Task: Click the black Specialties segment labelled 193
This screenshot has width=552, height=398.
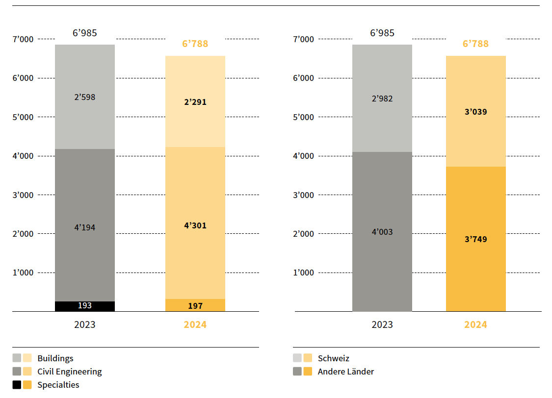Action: pos(85,306)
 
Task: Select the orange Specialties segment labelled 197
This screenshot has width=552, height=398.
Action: pos(195,306)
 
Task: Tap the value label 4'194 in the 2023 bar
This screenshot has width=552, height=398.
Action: pos(85,227)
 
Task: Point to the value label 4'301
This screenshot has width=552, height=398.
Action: pos(195,225)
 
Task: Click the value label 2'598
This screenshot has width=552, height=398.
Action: pos(85,97)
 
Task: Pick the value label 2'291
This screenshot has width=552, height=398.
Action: pos(195,102)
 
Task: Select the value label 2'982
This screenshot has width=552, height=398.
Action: pos(382,99)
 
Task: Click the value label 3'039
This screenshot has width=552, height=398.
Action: pos(476,112)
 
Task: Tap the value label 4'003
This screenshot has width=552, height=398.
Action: pos(382,232)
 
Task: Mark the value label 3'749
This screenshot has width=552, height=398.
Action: pos(476,239)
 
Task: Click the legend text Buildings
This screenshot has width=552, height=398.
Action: pos(55,358)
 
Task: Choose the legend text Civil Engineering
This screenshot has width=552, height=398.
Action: pos(70,372)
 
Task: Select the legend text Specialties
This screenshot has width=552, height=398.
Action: pos(58,385)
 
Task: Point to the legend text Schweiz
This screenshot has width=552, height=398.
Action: pos(334,358)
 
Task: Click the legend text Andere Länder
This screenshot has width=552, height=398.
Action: pos(346,372)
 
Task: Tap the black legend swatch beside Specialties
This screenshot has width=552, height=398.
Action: pos(17,385)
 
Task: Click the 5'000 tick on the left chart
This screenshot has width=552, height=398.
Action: pos(23,117)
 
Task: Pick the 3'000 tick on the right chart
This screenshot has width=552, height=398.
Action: pos(303,195)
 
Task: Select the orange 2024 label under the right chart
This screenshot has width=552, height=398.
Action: pos(476,324)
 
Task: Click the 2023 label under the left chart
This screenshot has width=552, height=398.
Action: pos(85,324)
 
